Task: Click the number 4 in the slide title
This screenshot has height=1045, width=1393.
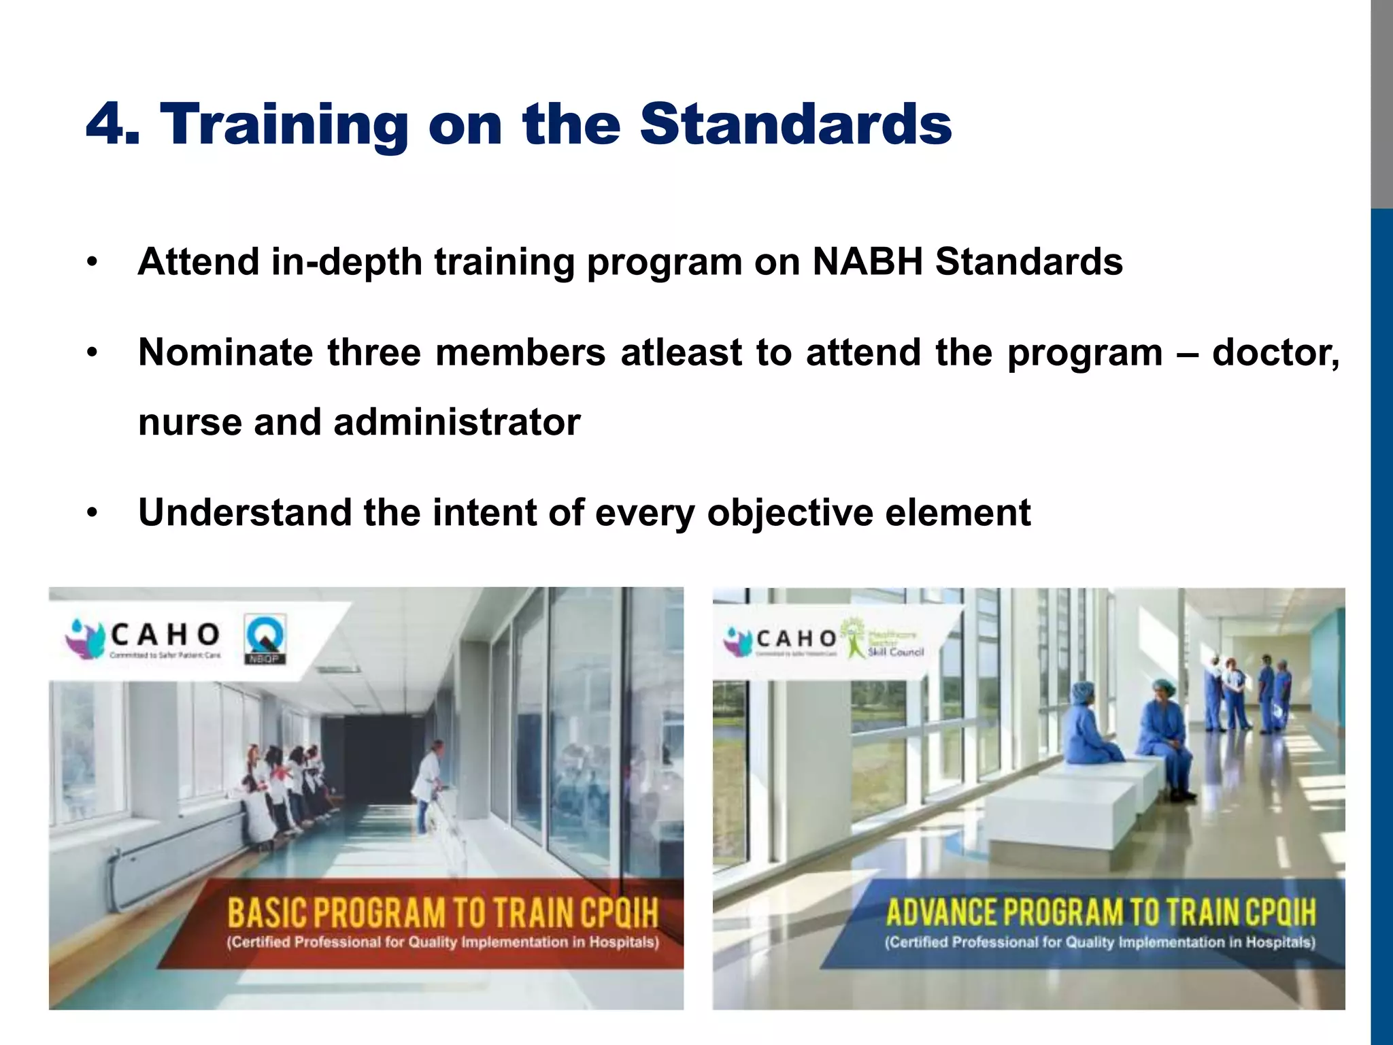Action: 109,125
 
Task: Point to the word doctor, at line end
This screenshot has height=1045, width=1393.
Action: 1275,352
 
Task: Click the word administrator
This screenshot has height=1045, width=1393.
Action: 456,422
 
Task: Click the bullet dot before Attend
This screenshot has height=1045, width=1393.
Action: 93,262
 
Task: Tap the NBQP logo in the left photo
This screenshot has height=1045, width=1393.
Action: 265,638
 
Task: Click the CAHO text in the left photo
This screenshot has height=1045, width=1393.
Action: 165,635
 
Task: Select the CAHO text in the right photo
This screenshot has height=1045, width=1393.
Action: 796,638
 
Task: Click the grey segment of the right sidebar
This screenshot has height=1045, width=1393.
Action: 1381,102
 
